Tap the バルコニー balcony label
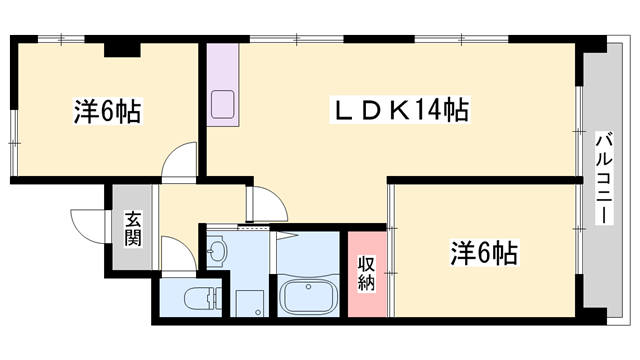(605, 179)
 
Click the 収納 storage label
(366, 273)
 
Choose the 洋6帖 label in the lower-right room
(483, 254)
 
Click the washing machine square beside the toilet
(249, 302)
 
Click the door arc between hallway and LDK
(266, 204)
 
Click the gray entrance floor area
(133, 232)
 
